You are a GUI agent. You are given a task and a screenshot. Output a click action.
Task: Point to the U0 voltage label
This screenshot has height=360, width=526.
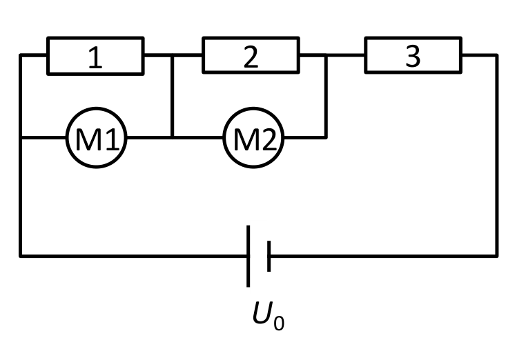point(269,315)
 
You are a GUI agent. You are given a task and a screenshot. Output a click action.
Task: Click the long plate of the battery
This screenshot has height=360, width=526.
point(249,256)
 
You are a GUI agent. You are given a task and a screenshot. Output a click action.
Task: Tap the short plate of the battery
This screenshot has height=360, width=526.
point(269,256)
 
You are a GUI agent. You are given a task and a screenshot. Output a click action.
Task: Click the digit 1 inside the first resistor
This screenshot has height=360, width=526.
point(95,57)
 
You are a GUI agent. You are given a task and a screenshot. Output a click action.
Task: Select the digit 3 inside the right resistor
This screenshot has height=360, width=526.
point(413,56)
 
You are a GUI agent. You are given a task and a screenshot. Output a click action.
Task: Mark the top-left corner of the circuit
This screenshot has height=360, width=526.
point(21,55)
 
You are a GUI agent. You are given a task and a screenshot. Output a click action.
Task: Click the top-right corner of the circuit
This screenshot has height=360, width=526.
point(497,55)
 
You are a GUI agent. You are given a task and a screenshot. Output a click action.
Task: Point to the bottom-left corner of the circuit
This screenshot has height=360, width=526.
point(21,256)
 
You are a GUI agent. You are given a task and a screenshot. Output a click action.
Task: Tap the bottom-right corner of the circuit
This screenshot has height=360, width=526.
point(497,256)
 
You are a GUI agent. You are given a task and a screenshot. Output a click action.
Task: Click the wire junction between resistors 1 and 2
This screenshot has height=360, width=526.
point(172,55)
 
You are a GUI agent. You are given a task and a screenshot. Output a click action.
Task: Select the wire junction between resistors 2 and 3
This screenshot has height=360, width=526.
point(326,55)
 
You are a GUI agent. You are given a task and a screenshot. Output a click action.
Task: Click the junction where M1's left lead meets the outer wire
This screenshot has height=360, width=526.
point(21,137)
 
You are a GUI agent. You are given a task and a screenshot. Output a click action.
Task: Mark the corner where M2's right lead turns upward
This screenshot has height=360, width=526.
point(326,137)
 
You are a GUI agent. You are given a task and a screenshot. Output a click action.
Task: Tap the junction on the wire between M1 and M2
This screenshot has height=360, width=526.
point(172,137)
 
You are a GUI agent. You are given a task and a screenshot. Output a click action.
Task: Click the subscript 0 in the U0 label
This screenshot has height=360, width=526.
point(279,323)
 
